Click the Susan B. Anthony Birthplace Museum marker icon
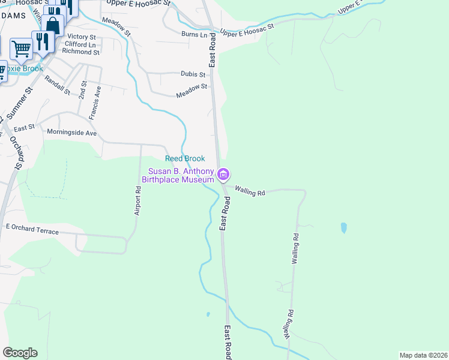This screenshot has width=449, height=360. point(223,175)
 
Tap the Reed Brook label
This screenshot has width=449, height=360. point(185,158)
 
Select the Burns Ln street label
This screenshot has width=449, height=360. point(193,34)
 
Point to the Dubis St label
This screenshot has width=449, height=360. point(193,74)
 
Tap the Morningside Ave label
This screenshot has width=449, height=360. point(73,133)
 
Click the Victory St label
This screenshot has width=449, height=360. point(82,37)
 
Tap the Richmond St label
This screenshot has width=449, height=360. point(80,52)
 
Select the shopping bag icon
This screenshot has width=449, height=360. point(53,26)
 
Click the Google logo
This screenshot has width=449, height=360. point(20,353)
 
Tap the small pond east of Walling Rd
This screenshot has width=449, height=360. point(343,227)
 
